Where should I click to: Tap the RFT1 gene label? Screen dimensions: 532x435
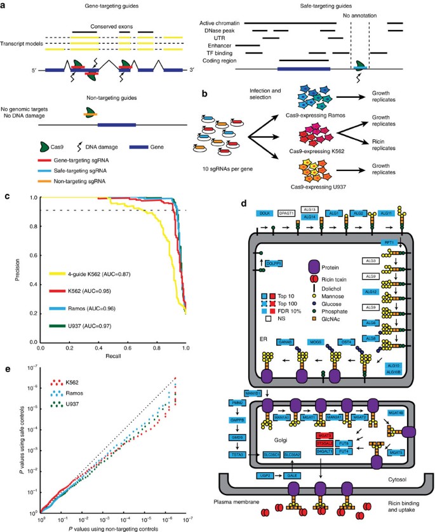coord(387,243)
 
